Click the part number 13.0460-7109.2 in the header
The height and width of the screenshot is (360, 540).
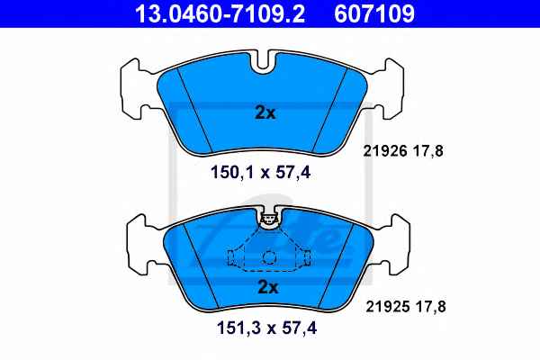click(x=220, y=13)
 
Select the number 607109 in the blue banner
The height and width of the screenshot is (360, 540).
click(x=374, y=13)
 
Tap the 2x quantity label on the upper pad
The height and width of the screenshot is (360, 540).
click(x=265, y=112)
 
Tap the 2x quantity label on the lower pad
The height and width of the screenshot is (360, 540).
click(x=268, y=286)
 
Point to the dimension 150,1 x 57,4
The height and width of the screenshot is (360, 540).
click(x=260, y=172)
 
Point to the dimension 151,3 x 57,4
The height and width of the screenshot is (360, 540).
click(x=266, y=328)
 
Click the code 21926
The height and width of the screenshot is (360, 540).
click(x=385, y=151)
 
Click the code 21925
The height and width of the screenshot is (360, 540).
click(x=388, y=306)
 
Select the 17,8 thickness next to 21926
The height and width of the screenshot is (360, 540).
click(x=428, y=151)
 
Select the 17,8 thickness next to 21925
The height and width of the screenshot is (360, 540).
click(x=431, y=306)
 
